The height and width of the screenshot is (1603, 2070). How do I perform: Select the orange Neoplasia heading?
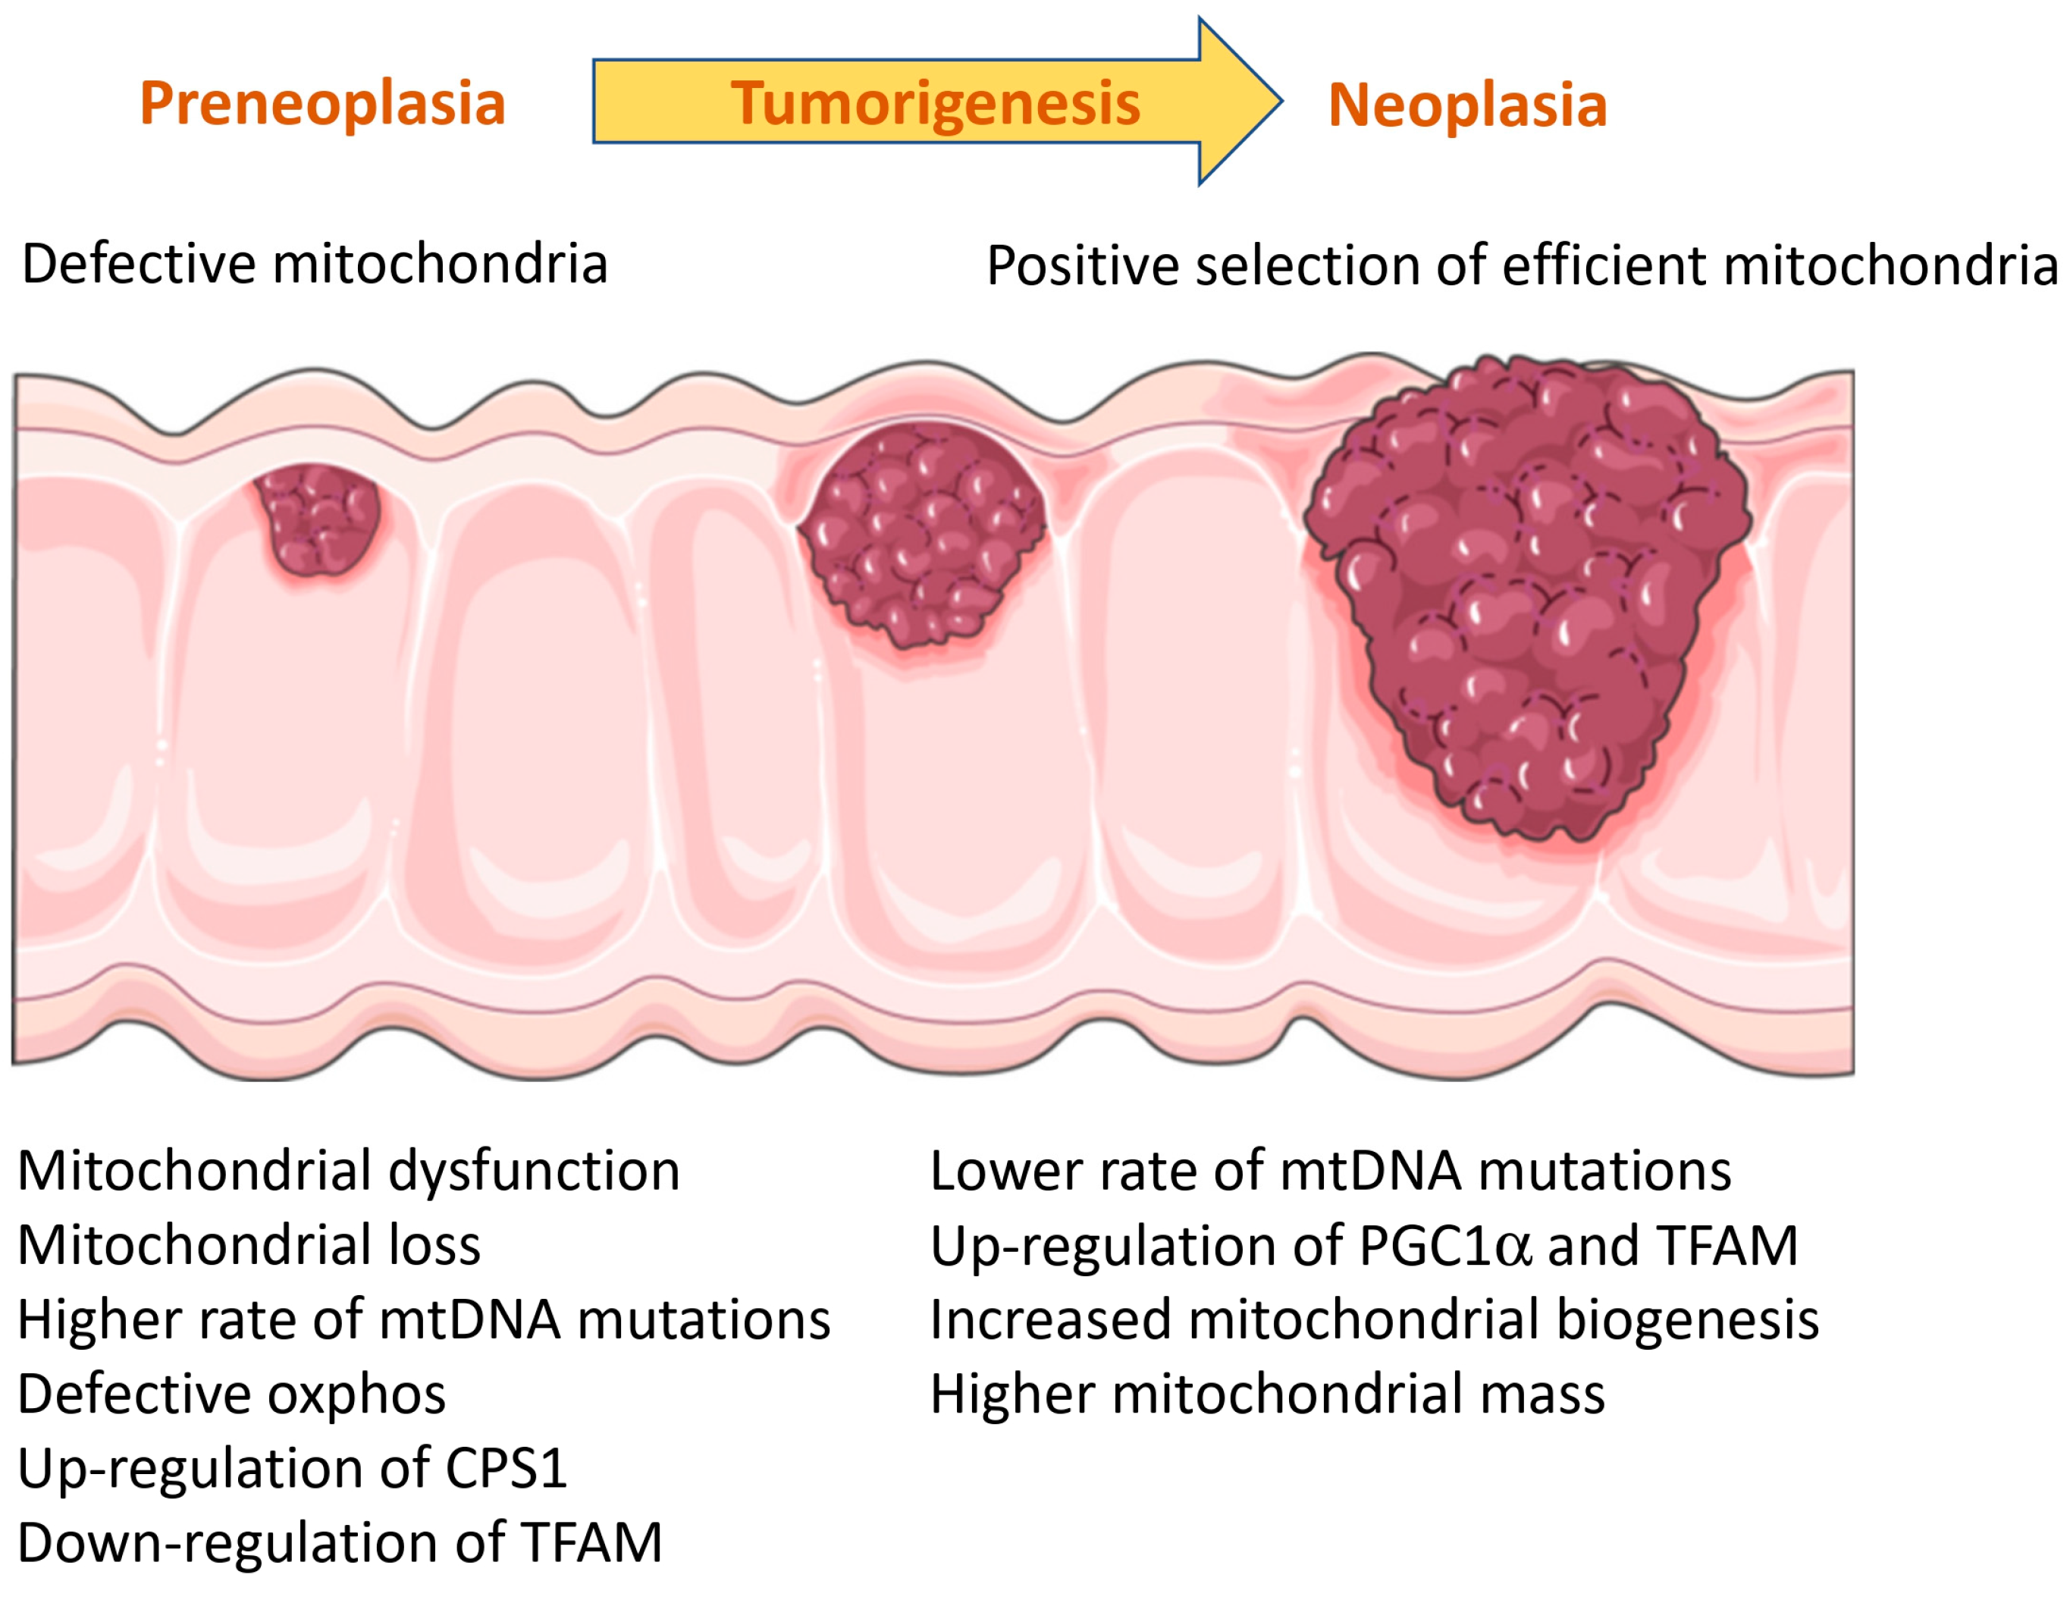[1467, 105]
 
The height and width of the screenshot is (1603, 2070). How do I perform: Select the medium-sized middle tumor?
[922, 533]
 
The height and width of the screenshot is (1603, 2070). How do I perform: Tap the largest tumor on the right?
[1526, 598]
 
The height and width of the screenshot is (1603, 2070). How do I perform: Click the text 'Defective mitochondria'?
[315, 264]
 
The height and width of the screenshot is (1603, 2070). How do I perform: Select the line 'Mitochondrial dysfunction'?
[349, 1171]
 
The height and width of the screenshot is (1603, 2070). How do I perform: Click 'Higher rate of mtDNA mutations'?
[424, 1319]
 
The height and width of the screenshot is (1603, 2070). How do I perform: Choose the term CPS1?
[507, 1468]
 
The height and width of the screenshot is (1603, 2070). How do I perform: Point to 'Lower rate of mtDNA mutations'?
[1331, 1171]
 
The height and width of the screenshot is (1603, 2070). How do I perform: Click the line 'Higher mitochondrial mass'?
[1268, 1394]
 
